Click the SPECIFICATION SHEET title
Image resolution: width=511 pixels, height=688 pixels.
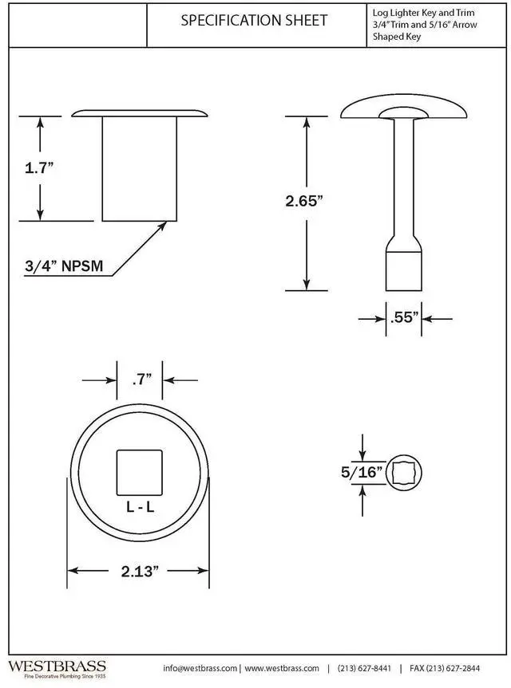254,20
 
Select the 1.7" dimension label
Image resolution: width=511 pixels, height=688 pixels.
39,167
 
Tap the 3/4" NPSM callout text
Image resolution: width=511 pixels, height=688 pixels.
64,266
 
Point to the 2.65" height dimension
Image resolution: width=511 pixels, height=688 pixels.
304,201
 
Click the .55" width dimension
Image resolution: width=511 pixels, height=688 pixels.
404,317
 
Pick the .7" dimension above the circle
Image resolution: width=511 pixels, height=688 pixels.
141,379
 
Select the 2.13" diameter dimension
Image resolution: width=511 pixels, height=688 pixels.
139,572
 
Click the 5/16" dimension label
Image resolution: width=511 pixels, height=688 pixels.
362,473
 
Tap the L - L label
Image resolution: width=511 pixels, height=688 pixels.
141,507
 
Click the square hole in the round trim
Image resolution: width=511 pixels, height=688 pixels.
139,473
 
